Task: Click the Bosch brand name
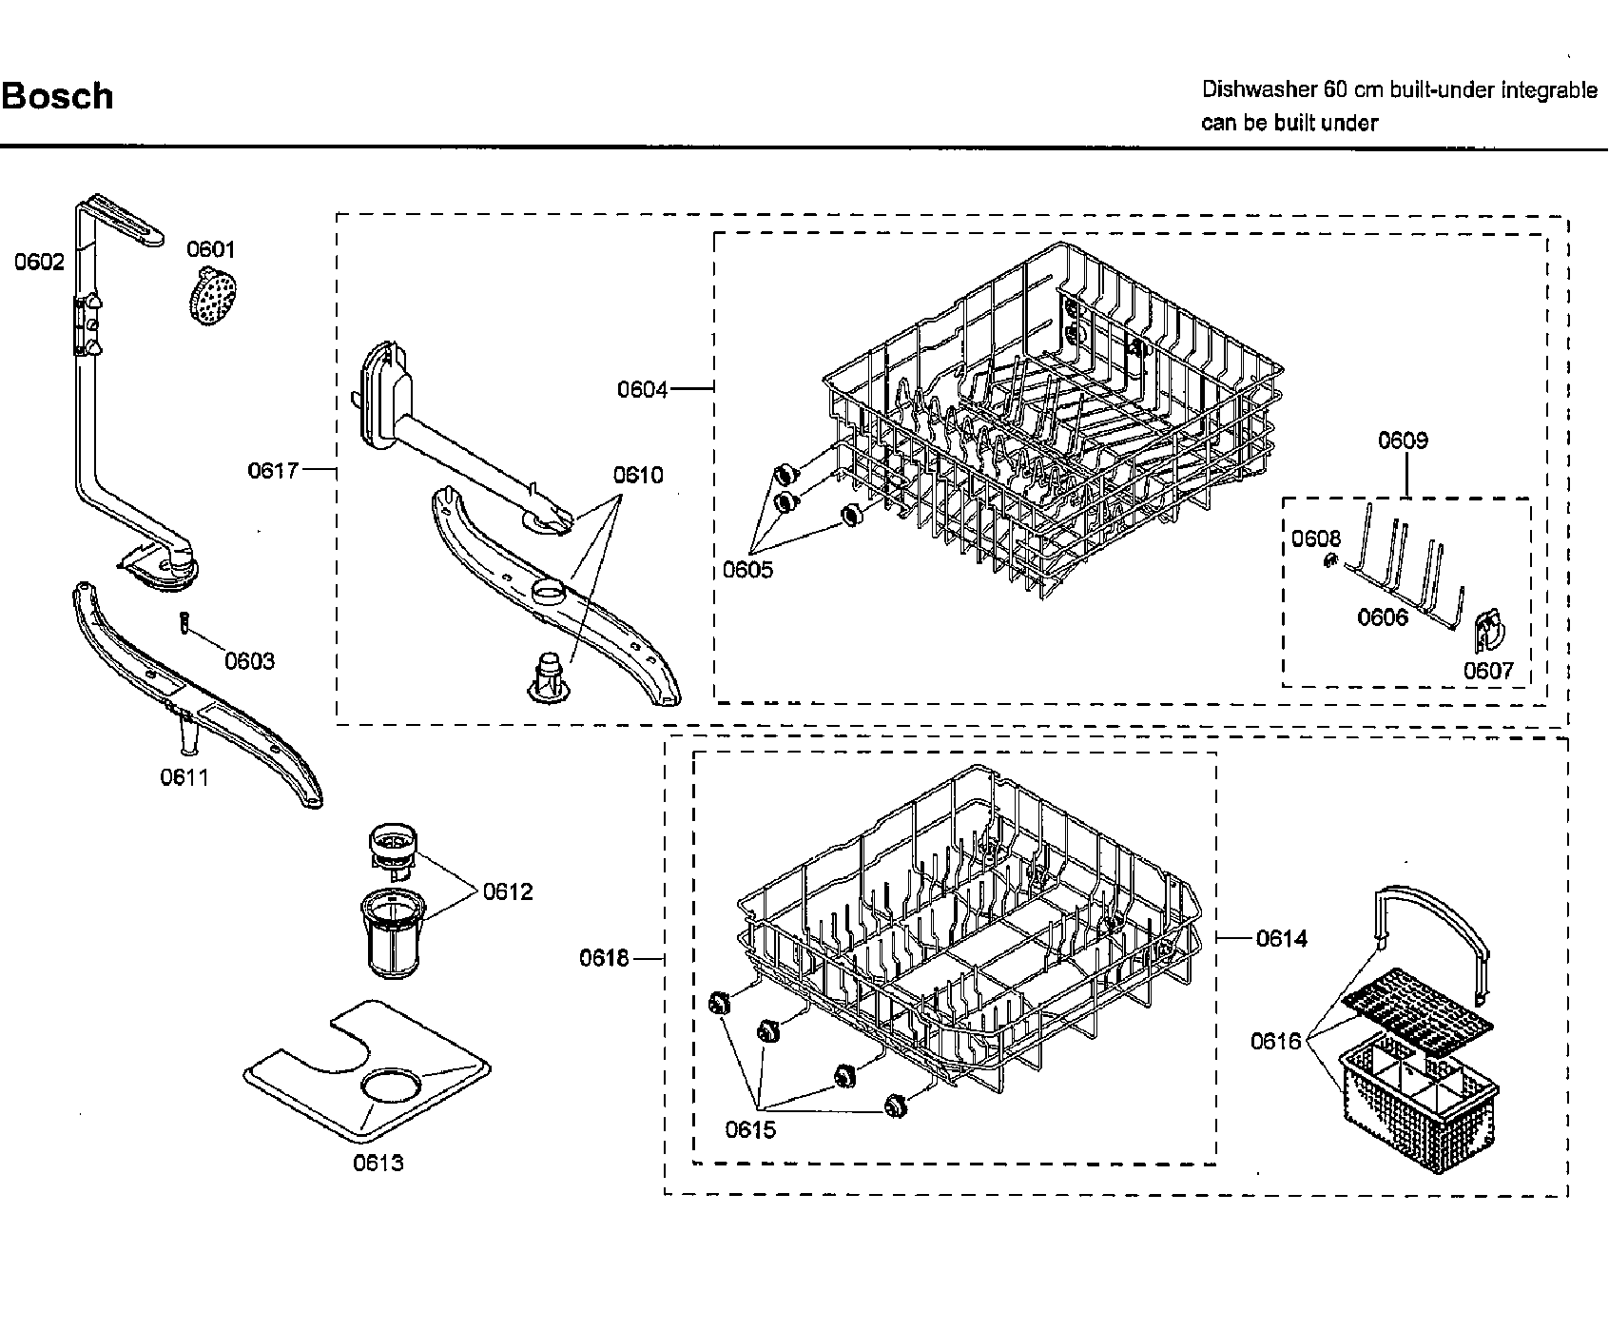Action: coord(57,96)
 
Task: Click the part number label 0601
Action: coord(210,249)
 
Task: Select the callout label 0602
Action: coord(39,261)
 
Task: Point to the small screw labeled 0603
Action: coord(182,623)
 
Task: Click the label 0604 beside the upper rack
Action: coord(643,389)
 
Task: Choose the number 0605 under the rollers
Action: coord(747,570)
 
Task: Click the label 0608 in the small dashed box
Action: coord(1315,539)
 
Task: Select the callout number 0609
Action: coord(1404,440)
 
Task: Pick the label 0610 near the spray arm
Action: coord(638,475)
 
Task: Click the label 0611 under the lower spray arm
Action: coord(184,777)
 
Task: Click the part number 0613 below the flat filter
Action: coord(378,1163)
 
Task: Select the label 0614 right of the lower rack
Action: coord(1282,938)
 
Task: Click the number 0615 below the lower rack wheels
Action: coord(750,1129)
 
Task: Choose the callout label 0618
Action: coord(605,958)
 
